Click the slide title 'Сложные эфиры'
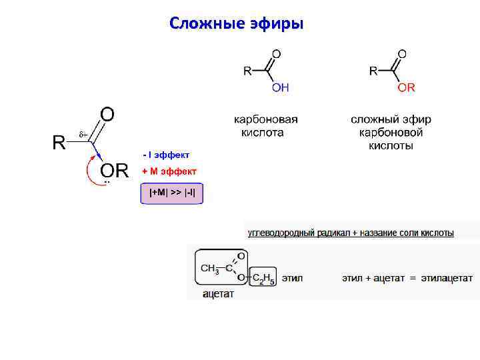tap(236, 24)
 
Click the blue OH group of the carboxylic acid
tap(280, 87)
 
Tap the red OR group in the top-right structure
tap(406, 87)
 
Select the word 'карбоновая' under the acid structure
tap(265, 120)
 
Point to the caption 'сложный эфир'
tap(391, 120)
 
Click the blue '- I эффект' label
tap(166, 155)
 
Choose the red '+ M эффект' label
tap(169, 171)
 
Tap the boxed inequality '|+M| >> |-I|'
tap(172, 193)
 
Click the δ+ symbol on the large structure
tap(83, 135)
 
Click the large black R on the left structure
tap(59, 143)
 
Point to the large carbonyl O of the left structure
tap(107, 114)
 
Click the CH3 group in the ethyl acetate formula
tap(209, 269)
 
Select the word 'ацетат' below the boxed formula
tap(218, 294)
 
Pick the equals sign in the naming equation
tap(413, 278)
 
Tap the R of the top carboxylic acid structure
tap(247, 71)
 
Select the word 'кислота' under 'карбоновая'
tap(262, 133)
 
